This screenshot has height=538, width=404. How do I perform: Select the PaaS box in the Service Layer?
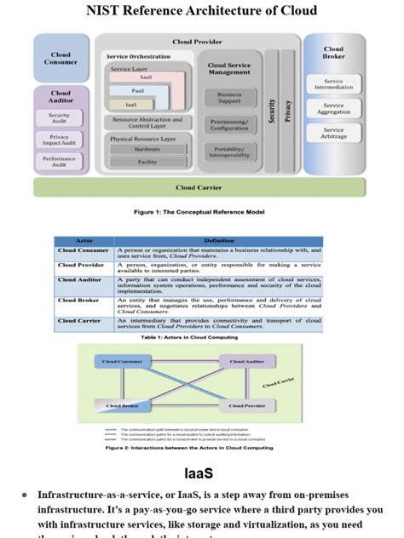(x=139, y=90)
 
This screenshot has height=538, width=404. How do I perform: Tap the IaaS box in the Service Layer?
(x=133, y=104)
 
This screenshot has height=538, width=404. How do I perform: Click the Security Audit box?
(x=60, y=118)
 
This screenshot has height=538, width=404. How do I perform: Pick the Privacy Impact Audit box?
(x=60, y=140)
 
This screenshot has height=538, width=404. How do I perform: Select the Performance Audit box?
(x=60, y=161)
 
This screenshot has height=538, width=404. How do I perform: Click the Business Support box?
(x=229, y=98)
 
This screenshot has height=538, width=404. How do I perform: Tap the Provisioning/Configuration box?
(x=229, y=124)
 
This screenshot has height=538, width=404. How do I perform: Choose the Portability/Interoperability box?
(x=229, y=151)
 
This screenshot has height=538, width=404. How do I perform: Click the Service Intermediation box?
(x=333, y=85)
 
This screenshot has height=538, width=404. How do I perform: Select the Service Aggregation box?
(x=333, y=109)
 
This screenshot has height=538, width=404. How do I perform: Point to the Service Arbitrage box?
(x=333, y=134)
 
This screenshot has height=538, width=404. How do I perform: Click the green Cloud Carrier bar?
(x=199, y=187)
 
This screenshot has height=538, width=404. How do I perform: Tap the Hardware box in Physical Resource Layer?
(x=147, y=149)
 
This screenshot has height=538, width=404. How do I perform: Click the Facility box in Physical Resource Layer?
(x=147, y=162)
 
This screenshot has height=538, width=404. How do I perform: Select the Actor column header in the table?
(x=84, y=241)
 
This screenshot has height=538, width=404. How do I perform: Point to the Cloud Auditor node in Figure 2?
(x=247, y=362)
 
